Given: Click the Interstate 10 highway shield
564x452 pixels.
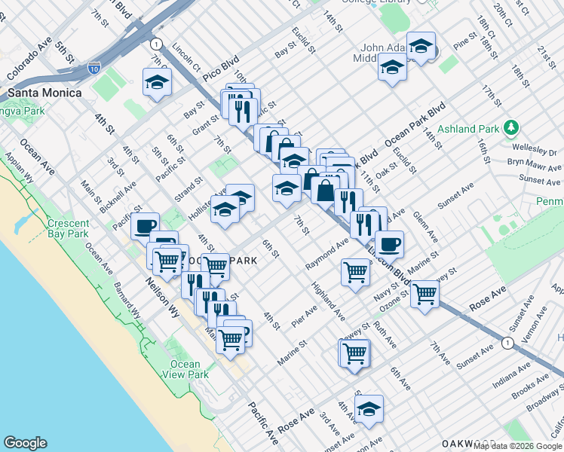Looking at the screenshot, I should (94, 69).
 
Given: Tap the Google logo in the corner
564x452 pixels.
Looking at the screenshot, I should (25, 443).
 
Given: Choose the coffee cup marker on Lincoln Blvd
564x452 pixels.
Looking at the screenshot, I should (389, 243).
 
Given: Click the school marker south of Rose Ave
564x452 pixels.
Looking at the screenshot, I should (369, 409).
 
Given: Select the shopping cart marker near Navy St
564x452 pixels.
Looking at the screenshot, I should (425, 293).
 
